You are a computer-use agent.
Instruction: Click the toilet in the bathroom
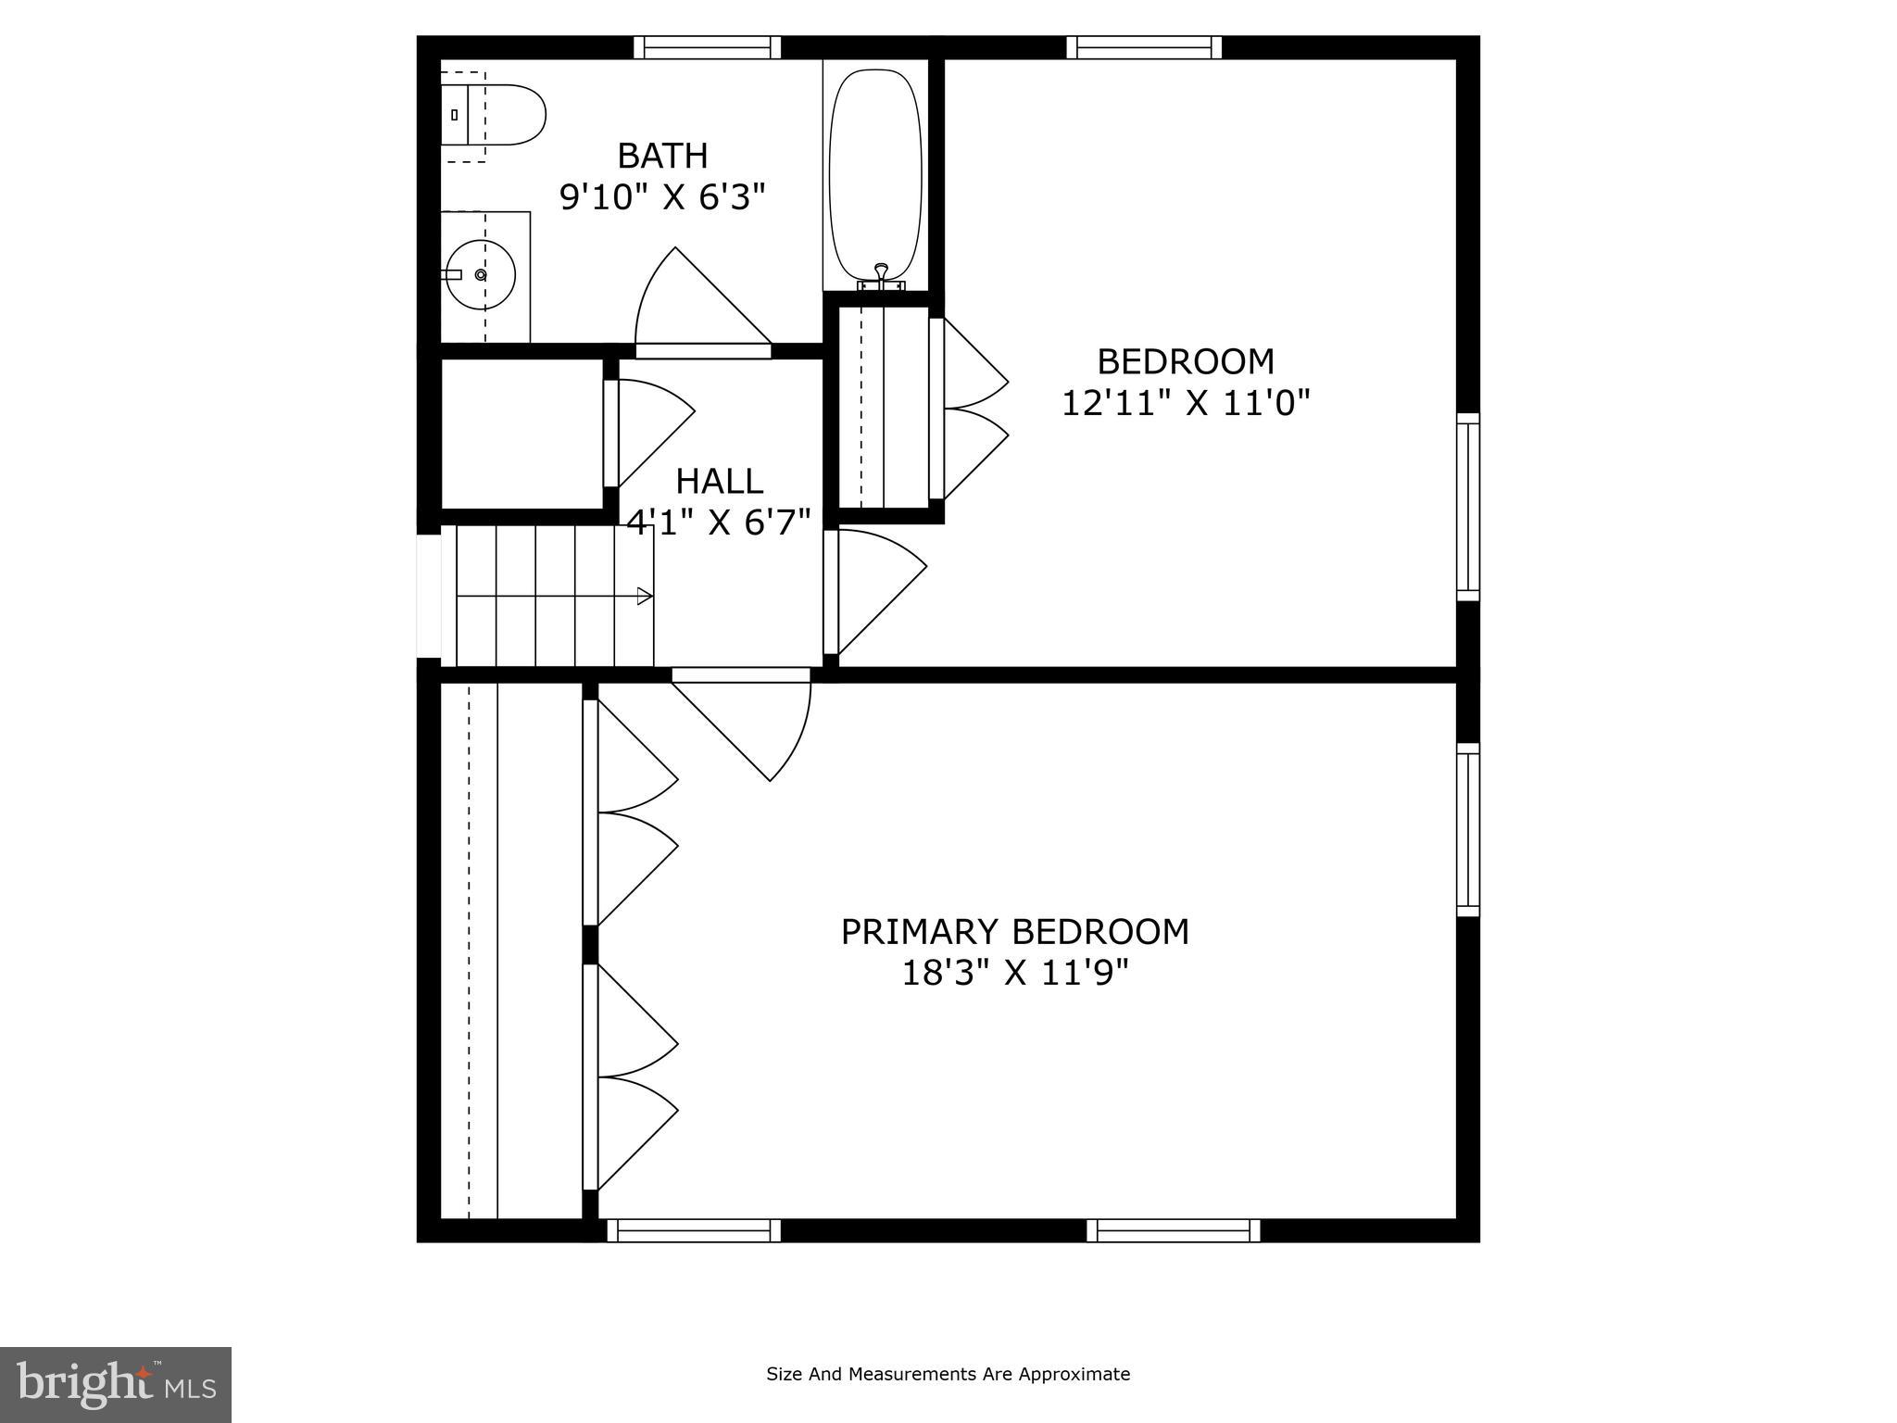[x=500, y=115]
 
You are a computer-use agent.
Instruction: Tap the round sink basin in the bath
[x=479, y=275]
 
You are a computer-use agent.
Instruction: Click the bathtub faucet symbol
[x=881, y=271]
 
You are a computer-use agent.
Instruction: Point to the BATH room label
[x=662, y=156]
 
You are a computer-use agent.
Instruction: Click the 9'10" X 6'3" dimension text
[x=662, y=196]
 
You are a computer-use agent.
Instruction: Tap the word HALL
[x=719, y=482]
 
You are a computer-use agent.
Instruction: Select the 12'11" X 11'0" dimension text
[x=1185, y=403]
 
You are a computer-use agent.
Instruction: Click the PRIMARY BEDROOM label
[x=1014, y=931]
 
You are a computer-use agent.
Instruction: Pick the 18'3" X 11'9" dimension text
[x=1015, y=973]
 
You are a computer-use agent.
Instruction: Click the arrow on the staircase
[x=644, y=596]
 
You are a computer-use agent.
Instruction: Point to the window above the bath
[x=707, y=47]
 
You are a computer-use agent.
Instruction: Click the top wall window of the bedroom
[x=1144, y=47]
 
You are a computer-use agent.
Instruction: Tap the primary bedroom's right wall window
[x=1468, y=829]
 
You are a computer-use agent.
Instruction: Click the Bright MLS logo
[x=116, y=1384]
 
